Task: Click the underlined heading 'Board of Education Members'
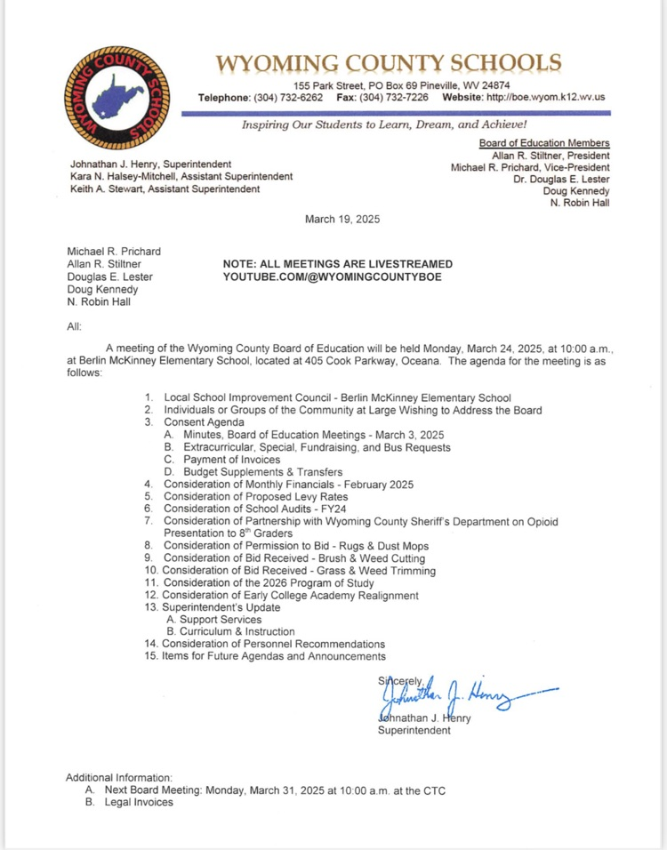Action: coord(544,143)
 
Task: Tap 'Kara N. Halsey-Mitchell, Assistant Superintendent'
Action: coord(181,176)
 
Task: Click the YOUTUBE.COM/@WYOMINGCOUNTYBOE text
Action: coord(332,277)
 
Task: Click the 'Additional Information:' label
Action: coord(119,777)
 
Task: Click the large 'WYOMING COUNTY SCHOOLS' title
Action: coord(390,64)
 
